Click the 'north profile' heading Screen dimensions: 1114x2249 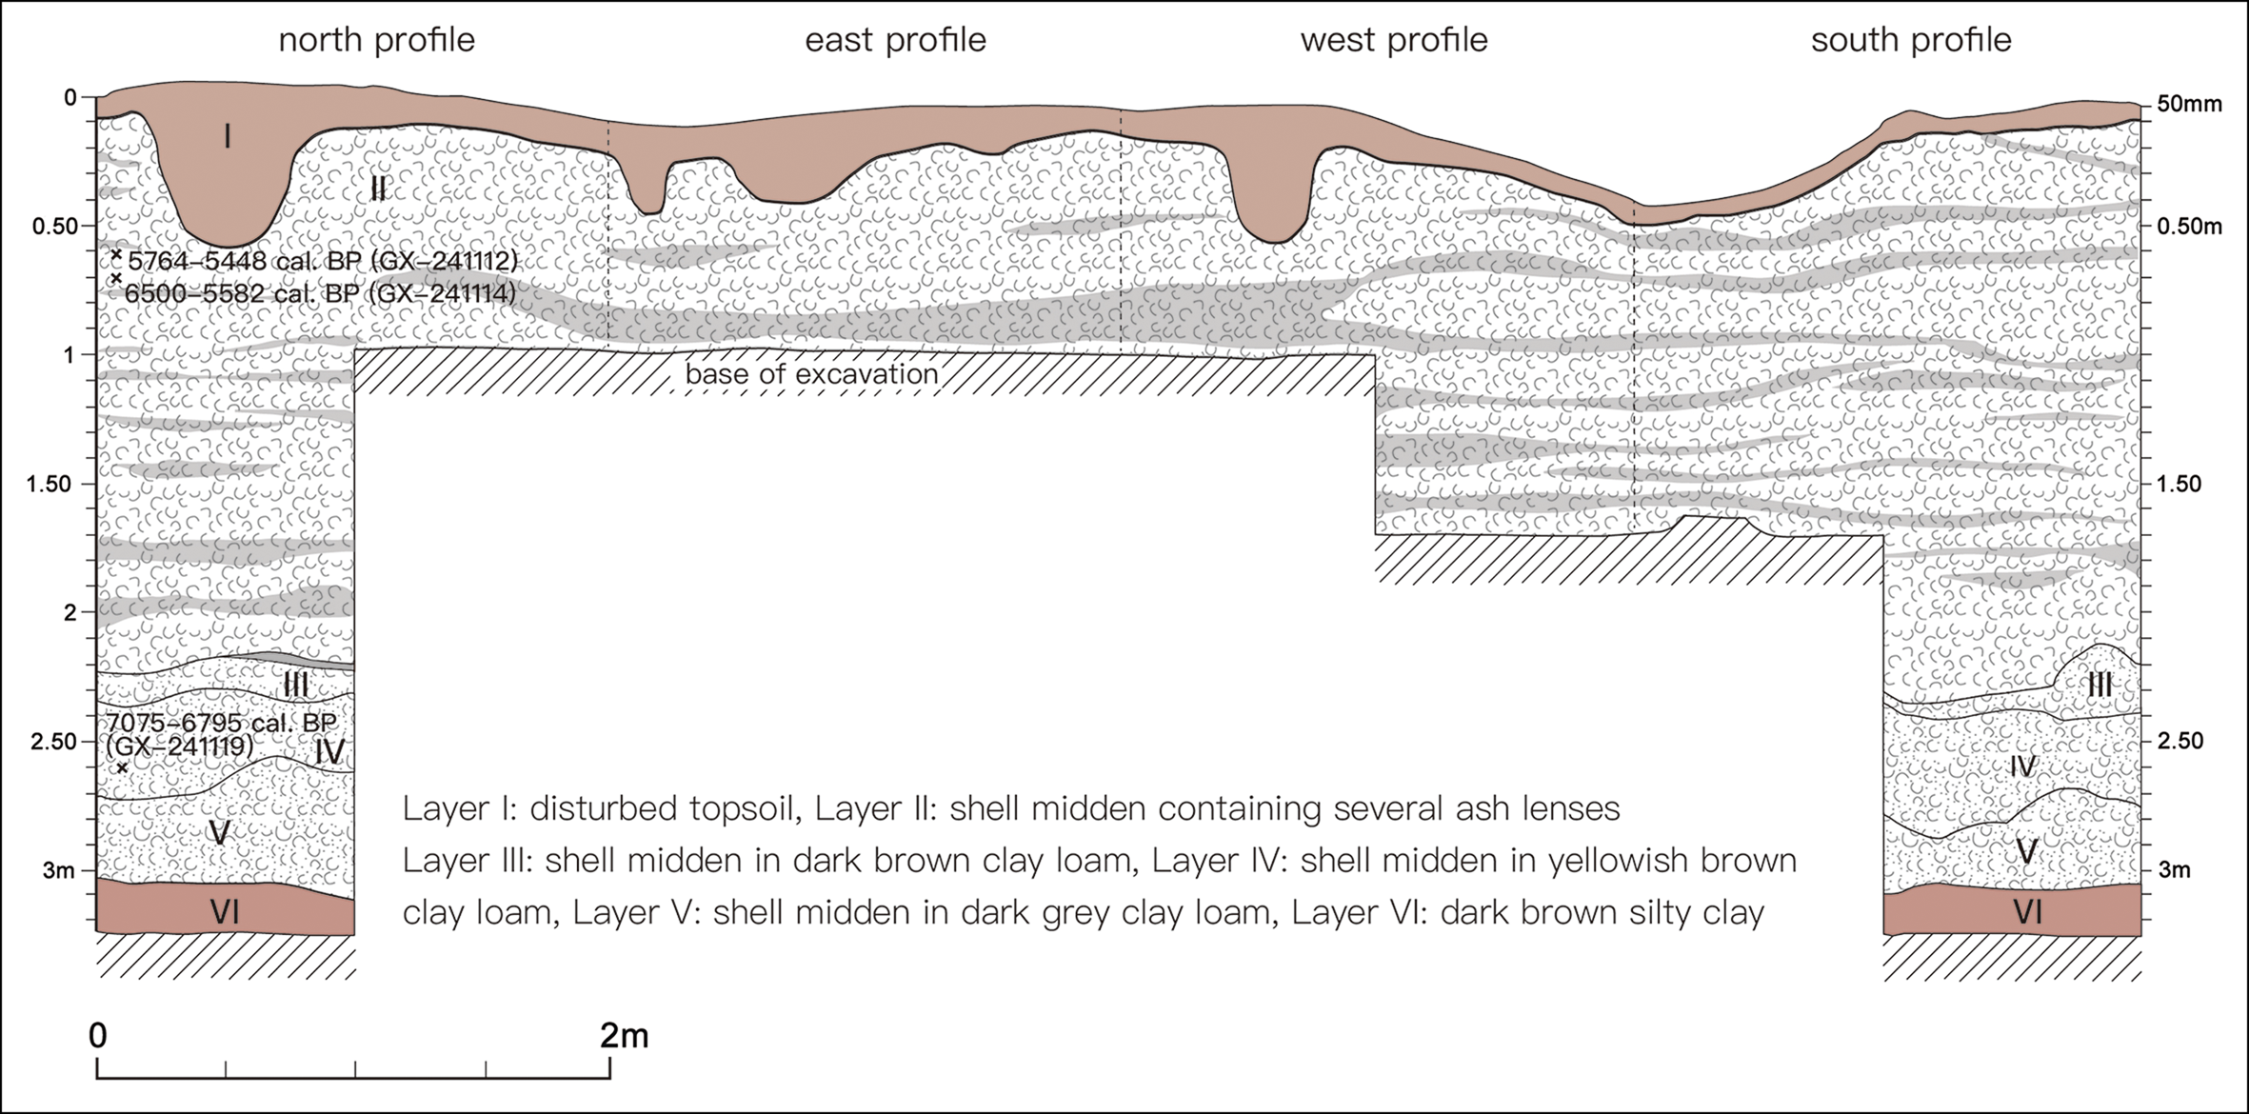(x=376, y=40)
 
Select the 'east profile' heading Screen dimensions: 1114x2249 (x=895, y=40)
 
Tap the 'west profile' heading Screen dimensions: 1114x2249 (x=1393, y=40)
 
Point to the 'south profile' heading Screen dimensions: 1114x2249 (x=1911, y=40)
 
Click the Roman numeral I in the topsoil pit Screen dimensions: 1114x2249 (x=227, y=138)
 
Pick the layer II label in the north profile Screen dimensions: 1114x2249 (x=378, y=189)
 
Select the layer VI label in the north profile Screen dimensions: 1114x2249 (x=225, y=912)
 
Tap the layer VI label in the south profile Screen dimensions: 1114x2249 (x=2027, y=912)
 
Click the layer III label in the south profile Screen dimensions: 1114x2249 (x=2099, y=685)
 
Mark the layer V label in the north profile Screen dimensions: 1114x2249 (x=219, y=833)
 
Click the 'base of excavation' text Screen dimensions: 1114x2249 (x=812, y=374)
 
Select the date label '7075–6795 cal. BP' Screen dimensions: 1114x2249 (x=221, y=723)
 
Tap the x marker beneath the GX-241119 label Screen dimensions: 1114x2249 (x=122, y=767)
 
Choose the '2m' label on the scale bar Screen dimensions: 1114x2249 (x=624, y=1035)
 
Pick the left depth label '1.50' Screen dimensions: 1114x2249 (x=50, y=484)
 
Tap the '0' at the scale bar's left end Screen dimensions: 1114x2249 (x=98, y=1035)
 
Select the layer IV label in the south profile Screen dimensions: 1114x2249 (x=2022, y=766)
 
